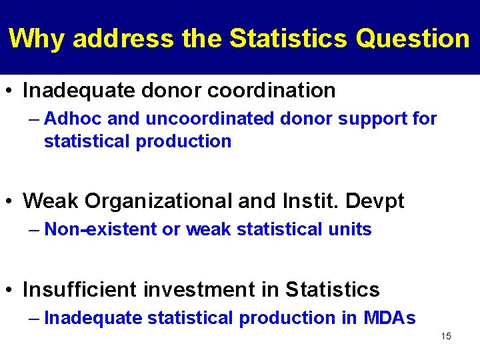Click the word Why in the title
point(37,39)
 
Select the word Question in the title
point(413,39)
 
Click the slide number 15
point(446,336)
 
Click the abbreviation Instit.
point(313,201)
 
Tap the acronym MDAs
point(389,319)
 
